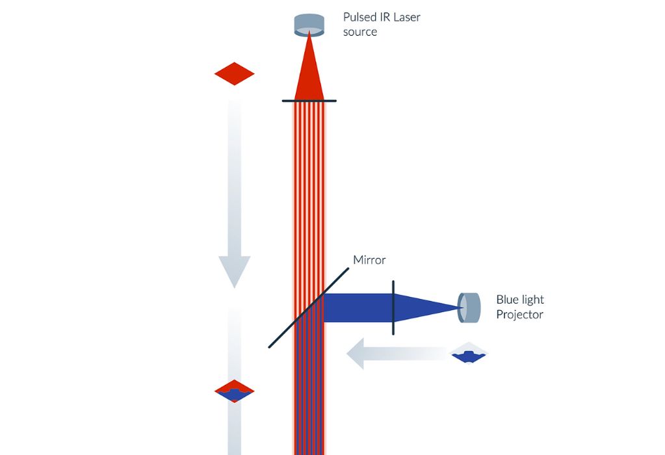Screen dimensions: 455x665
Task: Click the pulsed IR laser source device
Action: (309, 24)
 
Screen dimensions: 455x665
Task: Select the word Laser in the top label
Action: (406, 18)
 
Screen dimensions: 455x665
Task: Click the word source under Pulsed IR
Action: (360, 32)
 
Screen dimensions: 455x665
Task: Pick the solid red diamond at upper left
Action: (234, 73)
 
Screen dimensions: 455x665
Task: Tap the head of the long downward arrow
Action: (234, 270)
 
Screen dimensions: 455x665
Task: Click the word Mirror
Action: (369, 260)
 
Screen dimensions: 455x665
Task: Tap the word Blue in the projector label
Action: (509, 300)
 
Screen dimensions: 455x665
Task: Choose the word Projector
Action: (519, 315)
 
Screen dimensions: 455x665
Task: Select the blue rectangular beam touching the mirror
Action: (358, 307)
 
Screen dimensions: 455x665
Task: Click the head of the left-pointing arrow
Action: (356, 354)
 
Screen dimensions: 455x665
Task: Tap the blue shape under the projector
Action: (468, 356)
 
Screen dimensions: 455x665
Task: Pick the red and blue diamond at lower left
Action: (234, 391)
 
